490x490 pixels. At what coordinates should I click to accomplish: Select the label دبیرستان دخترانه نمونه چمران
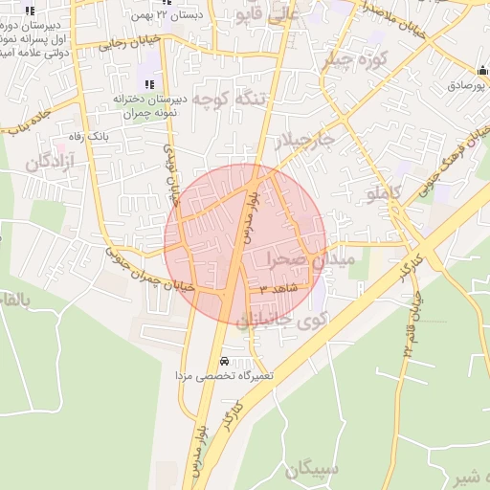(149, 104)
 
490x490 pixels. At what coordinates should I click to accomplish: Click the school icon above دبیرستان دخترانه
(149, 84)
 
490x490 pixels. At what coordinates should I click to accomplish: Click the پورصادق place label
(468, 85)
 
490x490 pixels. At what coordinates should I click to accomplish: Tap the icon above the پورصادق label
(481, 72)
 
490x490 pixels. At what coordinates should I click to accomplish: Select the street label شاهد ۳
(279, 287)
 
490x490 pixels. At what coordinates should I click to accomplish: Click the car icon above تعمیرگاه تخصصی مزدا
(223, 362)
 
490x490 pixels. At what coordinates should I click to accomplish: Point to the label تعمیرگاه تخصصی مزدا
(224, 377)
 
